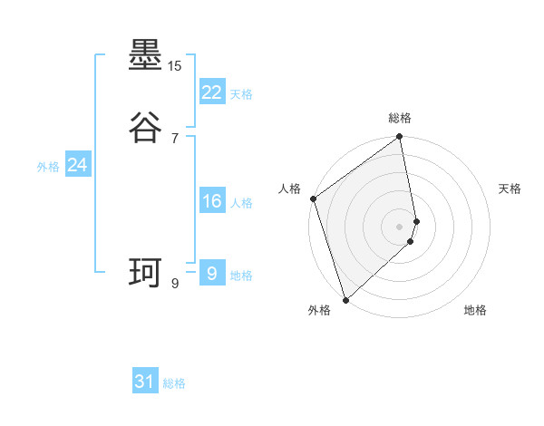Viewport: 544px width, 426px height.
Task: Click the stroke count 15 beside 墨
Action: point(175,66)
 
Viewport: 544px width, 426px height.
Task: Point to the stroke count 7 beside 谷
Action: point(175,138)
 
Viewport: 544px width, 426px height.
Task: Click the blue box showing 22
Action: point(211,92)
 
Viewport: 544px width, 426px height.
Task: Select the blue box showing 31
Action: point(145,382)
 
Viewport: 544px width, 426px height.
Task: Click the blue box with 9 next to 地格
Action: point(211,273)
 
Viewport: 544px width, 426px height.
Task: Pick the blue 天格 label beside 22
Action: point(241,94)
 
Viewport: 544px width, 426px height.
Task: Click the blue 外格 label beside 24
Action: point(48,167)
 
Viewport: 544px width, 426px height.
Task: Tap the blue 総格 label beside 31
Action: point(174,384)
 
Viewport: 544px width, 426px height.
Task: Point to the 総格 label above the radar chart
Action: point(400,118)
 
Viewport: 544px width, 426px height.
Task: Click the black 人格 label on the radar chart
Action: point(290,189)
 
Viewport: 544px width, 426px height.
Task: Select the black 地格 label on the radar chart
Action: point(475,310)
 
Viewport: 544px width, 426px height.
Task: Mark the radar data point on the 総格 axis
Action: point(400,138)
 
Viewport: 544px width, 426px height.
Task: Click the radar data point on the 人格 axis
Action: point(314,198)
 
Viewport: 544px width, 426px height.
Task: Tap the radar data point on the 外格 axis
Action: point(345,299)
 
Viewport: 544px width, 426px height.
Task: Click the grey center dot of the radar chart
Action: point(400,226)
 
